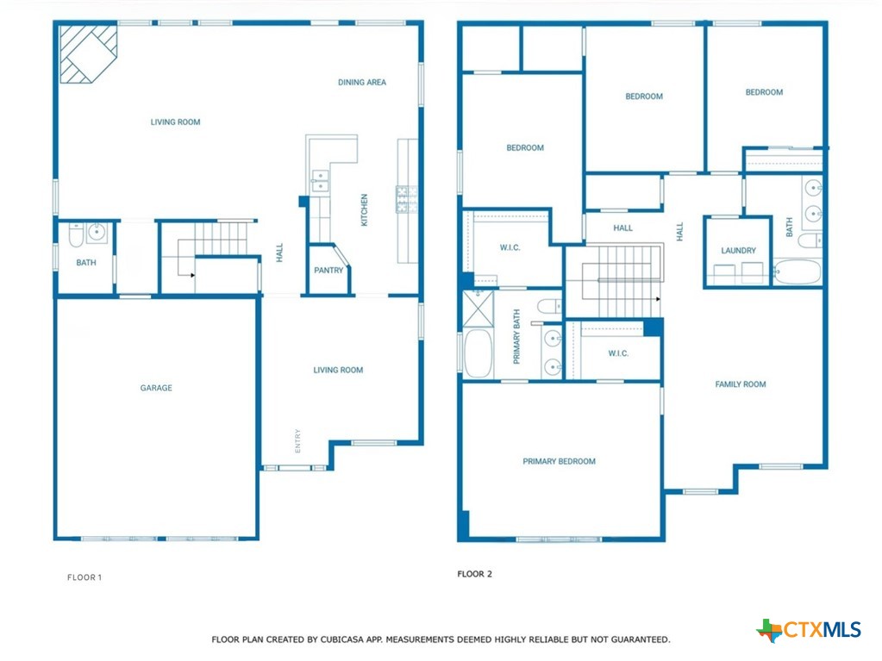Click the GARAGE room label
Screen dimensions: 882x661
pos(156,388)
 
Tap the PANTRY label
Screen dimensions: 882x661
pos(328,271)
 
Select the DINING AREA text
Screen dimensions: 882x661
pos(362,82)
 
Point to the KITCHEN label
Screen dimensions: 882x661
pos(364,210)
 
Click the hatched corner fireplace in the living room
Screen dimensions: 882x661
pos(88,54)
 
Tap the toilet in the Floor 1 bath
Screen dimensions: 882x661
pos(76,235)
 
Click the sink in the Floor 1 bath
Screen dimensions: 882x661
pos(97,232)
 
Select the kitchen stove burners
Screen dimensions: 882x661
pos(406,200)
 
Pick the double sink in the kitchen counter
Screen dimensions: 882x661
pos(320,181)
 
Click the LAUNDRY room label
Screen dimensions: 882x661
pos(739,251)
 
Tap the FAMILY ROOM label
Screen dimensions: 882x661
pos(741,384)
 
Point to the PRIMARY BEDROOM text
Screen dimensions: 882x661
pos(560,461)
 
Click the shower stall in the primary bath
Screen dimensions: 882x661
pos(479,309)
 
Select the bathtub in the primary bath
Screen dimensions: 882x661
pos(479,353)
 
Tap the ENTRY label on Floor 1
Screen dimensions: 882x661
pos(297,441)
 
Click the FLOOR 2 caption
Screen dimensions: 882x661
pos(475,574)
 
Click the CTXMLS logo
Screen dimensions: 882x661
pos(809,630)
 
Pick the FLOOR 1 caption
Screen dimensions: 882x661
pos(84,577)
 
